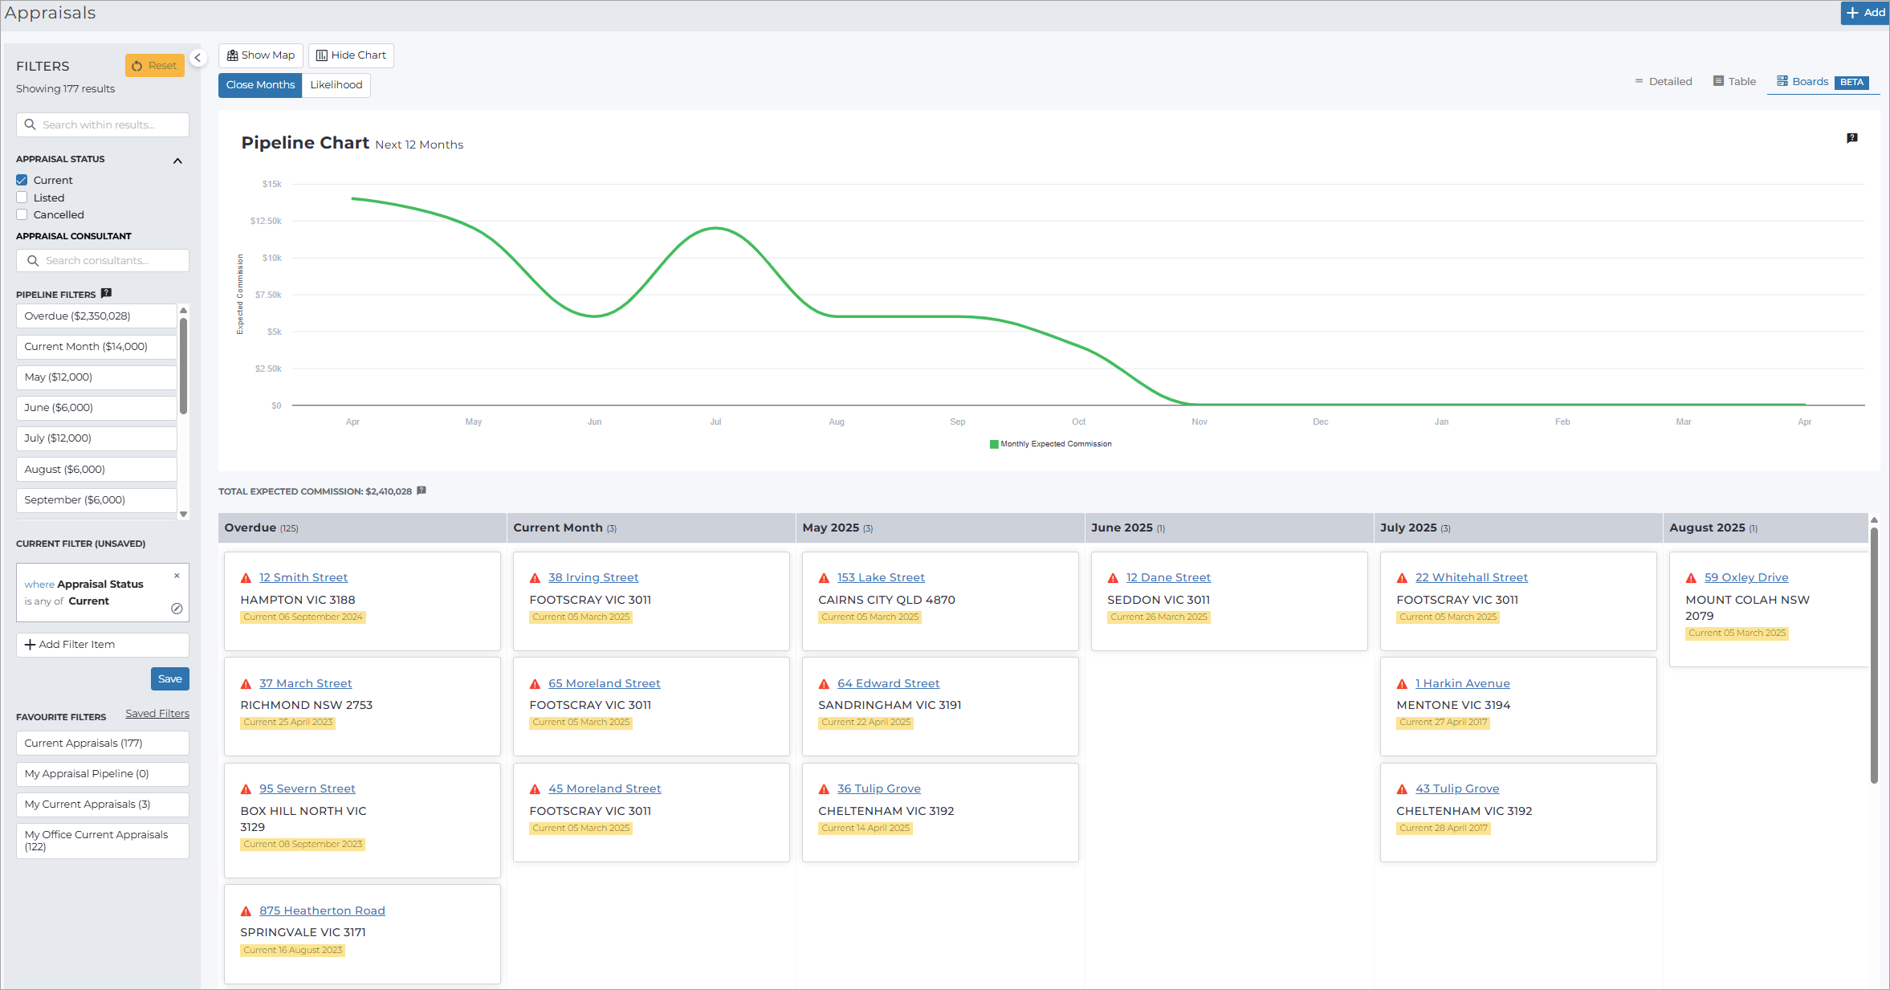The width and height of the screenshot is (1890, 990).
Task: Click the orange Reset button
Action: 155,66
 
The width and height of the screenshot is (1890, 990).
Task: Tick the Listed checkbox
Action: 22,198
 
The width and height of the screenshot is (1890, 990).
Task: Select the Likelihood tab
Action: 336,85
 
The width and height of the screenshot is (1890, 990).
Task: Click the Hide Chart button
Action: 351,55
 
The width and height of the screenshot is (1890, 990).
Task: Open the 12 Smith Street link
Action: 303,577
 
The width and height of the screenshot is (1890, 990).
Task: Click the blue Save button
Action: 170,679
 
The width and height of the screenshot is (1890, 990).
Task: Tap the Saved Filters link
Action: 157,714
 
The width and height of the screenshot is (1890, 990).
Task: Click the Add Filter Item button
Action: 103,645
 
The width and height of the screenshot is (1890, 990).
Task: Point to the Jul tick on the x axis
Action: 715,422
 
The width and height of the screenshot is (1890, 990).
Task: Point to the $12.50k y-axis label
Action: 266,221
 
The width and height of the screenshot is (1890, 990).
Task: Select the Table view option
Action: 1734,82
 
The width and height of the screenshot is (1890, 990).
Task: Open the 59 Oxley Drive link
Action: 1746,577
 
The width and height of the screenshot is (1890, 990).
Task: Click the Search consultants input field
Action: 103,261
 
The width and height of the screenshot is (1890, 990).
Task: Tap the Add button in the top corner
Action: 1865,13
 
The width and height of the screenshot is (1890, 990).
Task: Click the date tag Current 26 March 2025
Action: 1159,617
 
